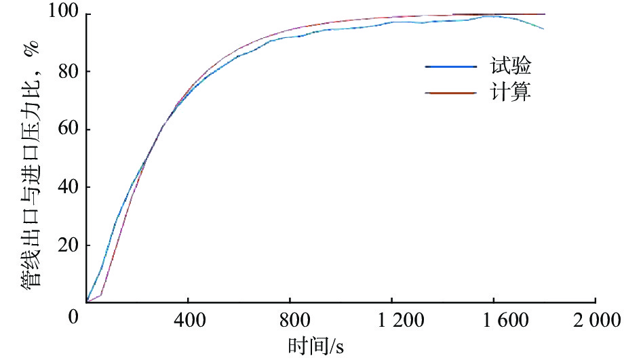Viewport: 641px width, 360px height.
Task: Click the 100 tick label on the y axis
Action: pyautogui.click(x=64, y=14)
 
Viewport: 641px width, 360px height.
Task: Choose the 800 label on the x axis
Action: pyautogui.click(x=290, y=319)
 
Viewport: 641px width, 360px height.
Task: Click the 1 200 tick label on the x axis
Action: pyautogui.click(x=391, y=319)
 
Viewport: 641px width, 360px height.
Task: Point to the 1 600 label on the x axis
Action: pyautogui.click(x=493, y=319)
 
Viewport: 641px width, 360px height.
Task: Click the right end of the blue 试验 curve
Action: pyautogui.click(x=543, y=28)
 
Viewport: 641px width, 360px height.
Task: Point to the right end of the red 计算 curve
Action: pyautogui.click(x=544, y=14)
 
